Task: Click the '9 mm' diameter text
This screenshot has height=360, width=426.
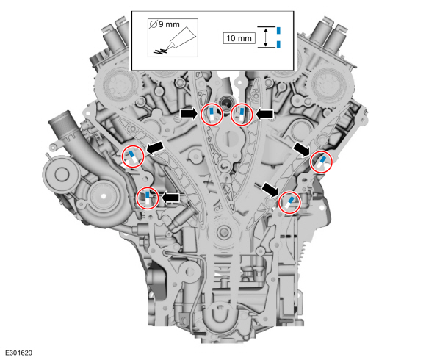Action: click(x=169, y=24)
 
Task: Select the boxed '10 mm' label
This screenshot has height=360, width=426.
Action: click(x=239, y=38)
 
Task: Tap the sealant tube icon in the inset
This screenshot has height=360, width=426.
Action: click(x=175, y=40)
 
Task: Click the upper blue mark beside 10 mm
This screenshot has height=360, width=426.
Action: click(x=278, y=30)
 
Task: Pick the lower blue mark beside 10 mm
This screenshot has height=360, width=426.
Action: click(x=278, y=44)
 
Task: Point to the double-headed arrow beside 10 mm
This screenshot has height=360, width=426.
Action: click(x=266, y=37)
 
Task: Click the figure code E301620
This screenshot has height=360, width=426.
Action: click(x=19, y=353)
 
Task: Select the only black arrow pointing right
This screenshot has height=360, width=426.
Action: click(x=189, y=114)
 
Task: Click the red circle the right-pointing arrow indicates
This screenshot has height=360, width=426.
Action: click(x=212, y=115)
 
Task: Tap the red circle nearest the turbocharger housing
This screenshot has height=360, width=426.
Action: click(x=148, y=198)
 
